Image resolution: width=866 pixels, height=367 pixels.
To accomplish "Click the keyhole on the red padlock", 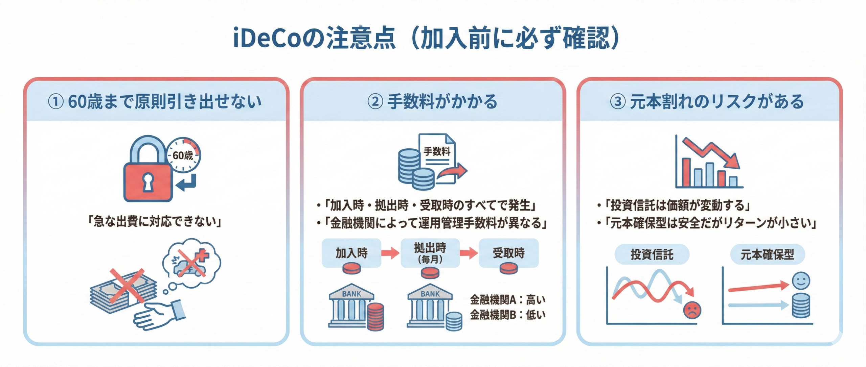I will (148, 182).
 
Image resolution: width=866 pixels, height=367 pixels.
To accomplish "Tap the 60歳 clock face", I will (183, 155).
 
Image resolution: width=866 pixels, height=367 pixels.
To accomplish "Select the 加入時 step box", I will (351, 253).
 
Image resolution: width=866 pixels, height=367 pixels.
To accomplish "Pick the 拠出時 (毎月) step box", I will (430, 253).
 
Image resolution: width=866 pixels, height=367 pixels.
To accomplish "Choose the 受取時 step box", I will (508, 253).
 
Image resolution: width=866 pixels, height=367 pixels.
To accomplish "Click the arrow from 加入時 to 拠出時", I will (390, 253).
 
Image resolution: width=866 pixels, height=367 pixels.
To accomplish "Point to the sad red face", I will (692, 310).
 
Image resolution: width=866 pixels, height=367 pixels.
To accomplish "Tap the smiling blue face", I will (801, 280).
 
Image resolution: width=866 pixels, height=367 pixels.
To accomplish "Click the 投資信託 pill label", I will (652, 254).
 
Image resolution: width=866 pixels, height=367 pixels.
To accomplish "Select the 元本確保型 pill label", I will (767, 254).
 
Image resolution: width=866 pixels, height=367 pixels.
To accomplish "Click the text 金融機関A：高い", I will (507, 299).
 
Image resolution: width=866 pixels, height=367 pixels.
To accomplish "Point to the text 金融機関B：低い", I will (507, 315).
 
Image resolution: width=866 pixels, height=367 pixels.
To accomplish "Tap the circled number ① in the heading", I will (56, 101).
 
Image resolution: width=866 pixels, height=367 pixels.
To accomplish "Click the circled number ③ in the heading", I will (618, 101).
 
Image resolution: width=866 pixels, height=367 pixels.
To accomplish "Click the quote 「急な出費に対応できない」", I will (154, 222).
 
